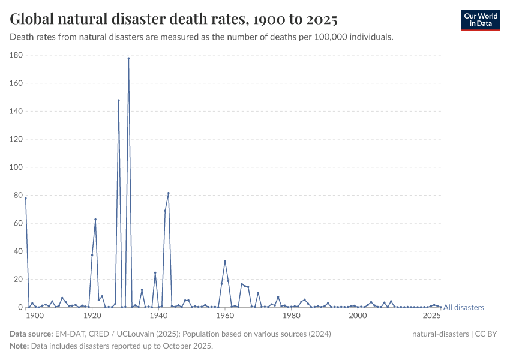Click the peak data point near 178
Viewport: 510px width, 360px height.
click(x=128, y=58)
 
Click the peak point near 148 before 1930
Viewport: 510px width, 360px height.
click(x=119, y=100)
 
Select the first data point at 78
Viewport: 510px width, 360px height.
click(x=26, y=198)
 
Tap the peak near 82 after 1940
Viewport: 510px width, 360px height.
click(x=169, y=193)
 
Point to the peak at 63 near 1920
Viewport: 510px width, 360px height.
click(x=95, y=220)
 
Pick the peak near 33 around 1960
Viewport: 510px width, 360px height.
click(x=225, y=261)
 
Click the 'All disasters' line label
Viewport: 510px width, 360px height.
click(x=463, y=308)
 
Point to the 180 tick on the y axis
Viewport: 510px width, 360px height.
click(x=16, y=55)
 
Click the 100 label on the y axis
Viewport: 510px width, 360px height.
click(x=16, y=167)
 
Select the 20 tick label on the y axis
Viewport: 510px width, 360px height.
click(x=18, y=280)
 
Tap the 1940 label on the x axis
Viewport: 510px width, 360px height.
click(x=158, y=316)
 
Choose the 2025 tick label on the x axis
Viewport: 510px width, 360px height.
click(x=431, y=316)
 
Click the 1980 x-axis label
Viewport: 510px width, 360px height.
click(x=292, y=316)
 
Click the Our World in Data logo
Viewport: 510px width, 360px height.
click(x=481, y=20)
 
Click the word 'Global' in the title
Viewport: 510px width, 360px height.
click(x=29, y=19)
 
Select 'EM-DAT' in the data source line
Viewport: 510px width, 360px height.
click(x=67, y=334)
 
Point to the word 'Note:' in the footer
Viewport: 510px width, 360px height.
click(x=20, y=346)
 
